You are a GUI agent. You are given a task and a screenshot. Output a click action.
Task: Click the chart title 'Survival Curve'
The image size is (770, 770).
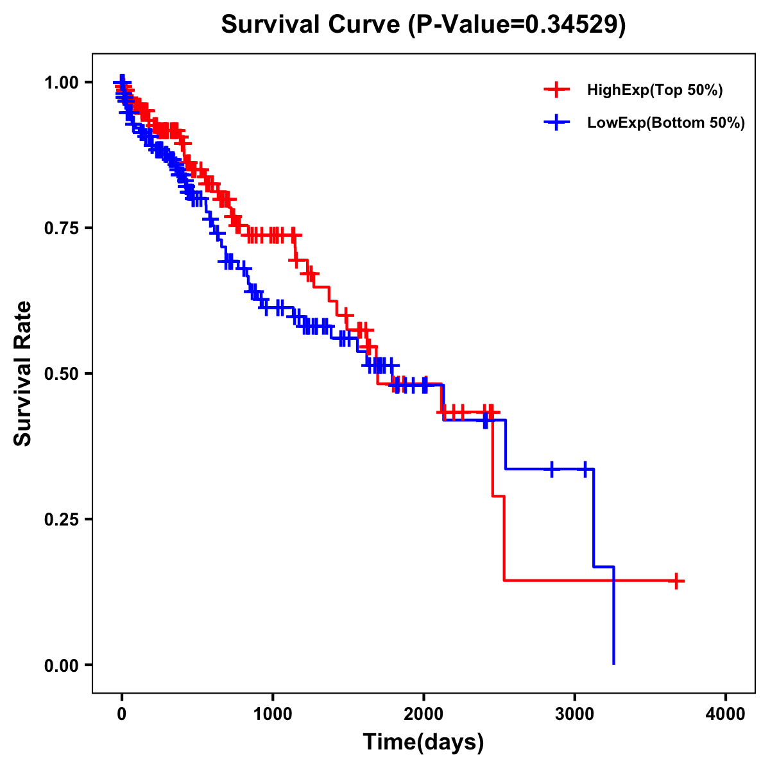click(312, 24)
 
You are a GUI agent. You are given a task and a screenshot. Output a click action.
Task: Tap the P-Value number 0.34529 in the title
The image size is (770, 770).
click(572, 24)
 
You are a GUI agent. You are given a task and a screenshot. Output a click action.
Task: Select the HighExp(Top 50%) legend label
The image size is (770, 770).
click(655, 90)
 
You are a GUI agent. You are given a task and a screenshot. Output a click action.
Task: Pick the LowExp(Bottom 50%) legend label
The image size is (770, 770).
click(666, 123)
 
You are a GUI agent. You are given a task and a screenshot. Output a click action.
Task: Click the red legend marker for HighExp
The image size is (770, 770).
click(556, 90)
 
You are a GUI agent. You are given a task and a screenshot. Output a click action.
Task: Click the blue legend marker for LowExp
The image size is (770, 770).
click(556, 122)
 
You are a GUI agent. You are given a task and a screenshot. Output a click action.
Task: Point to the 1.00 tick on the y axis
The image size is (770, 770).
click(62, 82)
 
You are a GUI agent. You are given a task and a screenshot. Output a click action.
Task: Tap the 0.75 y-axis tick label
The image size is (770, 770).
click(62, 228)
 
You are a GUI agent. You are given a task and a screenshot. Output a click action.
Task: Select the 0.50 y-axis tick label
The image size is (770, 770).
click(62, 373)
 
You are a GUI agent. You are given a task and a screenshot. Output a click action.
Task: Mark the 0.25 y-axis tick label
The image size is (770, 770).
click(62, 519)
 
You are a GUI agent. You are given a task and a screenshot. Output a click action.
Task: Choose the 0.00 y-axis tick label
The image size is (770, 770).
click(62, 665)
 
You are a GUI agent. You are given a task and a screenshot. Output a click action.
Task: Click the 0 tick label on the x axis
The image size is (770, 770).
click(122, 714)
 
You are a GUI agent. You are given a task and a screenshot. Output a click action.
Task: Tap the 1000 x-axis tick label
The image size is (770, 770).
click(273, 714)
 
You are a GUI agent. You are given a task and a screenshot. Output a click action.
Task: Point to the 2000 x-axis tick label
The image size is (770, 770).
click(424, 714)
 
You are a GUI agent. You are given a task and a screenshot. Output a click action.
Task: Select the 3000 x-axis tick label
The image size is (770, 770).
click(575, 714)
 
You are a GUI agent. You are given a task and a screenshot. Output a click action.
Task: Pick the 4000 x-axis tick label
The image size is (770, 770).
click(726, 714)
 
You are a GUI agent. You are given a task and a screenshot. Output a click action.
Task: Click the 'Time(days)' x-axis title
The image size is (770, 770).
click(424, 742)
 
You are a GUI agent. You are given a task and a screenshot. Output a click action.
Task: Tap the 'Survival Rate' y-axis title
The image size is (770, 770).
click(23, 373)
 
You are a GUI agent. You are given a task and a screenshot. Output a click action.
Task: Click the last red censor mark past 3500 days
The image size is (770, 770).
click(676, 581)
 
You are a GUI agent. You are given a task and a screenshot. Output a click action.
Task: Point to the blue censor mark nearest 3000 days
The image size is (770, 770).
click(585, 469)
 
